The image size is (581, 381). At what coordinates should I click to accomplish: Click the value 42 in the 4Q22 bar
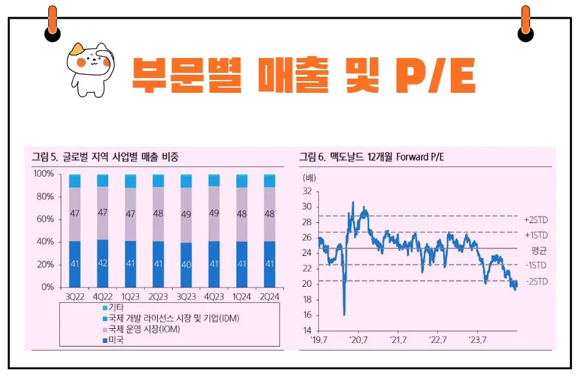coord(102,264)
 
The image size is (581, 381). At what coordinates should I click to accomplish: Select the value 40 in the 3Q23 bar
coord(186,264)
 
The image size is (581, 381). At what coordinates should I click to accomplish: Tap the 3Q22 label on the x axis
coord(75,297)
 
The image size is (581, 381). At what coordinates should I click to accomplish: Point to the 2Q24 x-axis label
coord(269,297)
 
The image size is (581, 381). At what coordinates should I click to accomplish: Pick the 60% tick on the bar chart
coord(46,219)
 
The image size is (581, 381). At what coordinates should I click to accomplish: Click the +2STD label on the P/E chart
coord(535,220)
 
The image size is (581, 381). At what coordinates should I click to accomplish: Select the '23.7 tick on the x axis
coord(478,340)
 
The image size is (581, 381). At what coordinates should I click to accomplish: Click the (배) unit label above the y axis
coord(309,177)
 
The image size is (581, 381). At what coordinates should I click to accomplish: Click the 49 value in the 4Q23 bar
coord(214,213)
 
